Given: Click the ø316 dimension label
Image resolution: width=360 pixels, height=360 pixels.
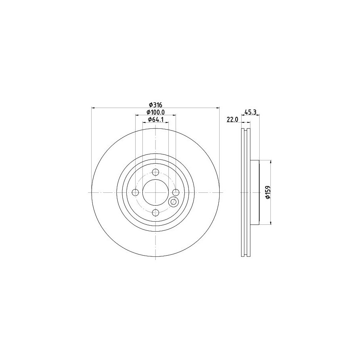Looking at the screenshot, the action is (156, 105).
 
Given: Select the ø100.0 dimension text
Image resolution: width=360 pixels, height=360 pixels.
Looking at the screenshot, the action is (156, 112).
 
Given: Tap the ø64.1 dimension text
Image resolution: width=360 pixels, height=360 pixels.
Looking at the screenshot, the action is (156, 119).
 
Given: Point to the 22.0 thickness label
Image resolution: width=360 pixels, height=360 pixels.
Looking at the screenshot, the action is (233, 119).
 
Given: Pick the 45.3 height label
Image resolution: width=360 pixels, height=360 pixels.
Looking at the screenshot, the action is (250, 112).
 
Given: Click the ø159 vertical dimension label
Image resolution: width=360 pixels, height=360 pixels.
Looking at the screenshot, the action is (268, 192).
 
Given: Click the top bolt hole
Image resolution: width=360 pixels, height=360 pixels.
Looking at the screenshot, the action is (156, 172).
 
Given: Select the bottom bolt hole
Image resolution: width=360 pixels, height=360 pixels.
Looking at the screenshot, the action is (156, 213).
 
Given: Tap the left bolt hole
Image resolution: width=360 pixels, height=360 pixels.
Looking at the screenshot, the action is (136, 192).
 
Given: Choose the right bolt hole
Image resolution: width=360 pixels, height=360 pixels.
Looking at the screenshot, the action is (176, 192).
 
